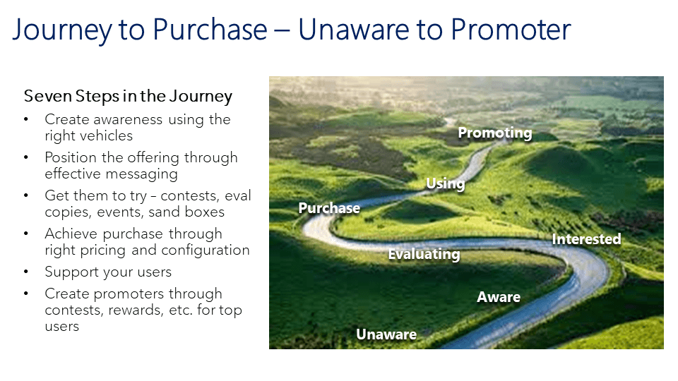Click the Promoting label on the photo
click(x=494, y=133)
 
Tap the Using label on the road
click(x=446, y=183)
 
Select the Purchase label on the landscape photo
click(x=329, y=208)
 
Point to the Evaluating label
click(x=424, y=255)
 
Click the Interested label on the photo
click(x=586, y=239)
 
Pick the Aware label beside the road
click(x=499, y=297)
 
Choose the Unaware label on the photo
click(x=386, y=334)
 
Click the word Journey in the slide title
click(x=62, y=31)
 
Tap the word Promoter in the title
click(x=511, y=30)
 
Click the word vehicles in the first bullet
click(x=111, y=136)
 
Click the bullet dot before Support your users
click(x=26, y=272)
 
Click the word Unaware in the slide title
click(x=354, y=30)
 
